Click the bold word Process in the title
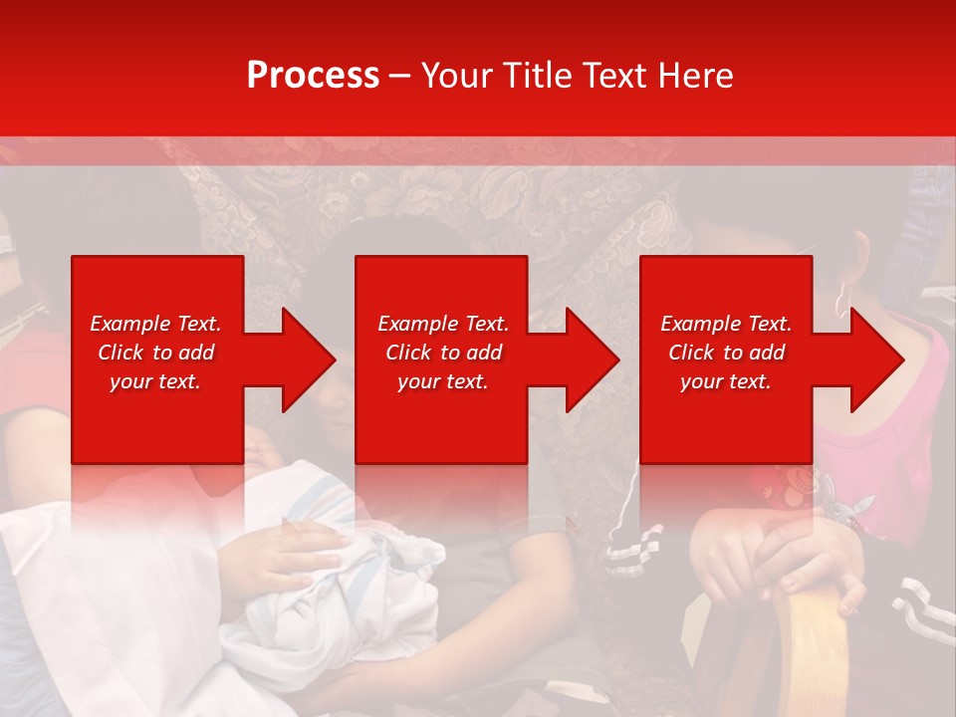pyautogui.click(x=313, y=75)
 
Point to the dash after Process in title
pyautogui.click(x=400, y=76)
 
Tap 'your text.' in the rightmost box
pyautogui.click(x=725, y=381)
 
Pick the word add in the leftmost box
pyautogui.click(x=197, y=353)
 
